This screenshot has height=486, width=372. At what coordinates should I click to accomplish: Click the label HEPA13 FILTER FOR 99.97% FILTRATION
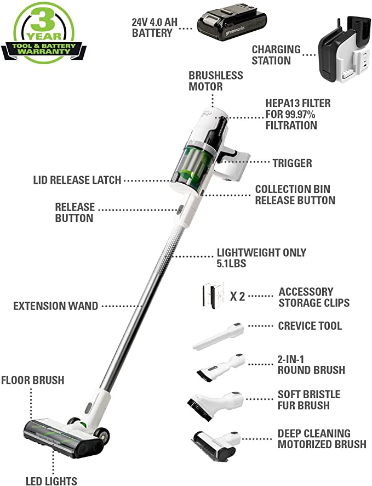(297, 114)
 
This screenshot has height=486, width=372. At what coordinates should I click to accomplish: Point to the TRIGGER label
(292, 163)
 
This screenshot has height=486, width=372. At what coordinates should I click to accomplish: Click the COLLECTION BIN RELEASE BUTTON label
(295, 194)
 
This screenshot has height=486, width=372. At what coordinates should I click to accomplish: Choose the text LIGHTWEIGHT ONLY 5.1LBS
(261, 258)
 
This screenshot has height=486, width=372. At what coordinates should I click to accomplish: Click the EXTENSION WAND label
(55, 306)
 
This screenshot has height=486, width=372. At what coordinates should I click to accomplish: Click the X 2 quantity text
(237, 297)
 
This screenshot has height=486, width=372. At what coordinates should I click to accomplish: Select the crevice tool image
(219, 336)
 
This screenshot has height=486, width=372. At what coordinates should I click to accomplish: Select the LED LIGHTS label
(51, 481)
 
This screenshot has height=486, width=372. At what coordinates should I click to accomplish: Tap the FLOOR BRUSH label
(32, 380)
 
